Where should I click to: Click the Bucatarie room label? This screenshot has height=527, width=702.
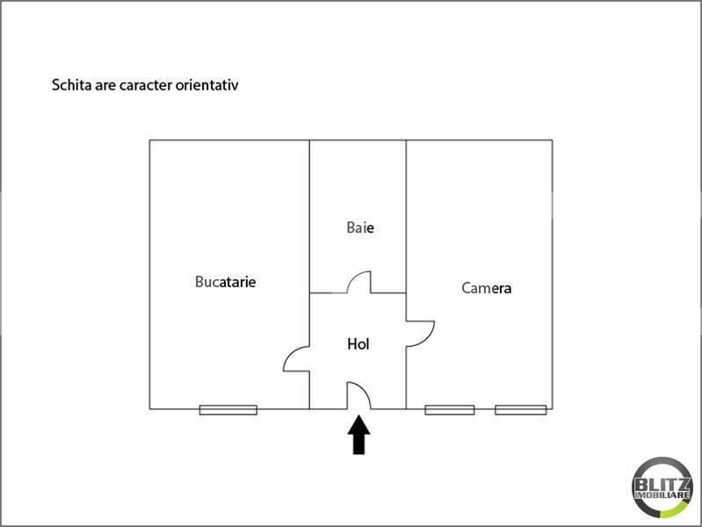point(225,282)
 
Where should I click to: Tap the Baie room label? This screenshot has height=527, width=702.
point(360,227)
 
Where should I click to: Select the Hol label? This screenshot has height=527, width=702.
point(358,344)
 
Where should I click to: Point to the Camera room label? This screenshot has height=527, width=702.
point(486,288)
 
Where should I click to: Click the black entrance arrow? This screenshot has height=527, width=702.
point(358,435)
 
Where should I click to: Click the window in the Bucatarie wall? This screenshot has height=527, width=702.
point(228,409)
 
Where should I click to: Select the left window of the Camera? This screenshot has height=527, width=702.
point(450,409)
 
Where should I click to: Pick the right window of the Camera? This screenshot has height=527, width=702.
point(521,409)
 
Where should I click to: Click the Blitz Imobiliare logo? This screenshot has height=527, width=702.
point(662,487)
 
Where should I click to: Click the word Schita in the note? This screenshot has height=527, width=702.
point(72,84)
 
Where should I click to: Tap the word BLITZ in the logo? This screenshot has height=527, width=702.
point(662,484)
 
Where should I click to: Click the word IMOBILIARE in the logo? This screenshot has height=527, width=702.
point(662,495)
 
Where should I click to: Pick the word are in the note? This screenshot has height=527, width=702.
point(105,85)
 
